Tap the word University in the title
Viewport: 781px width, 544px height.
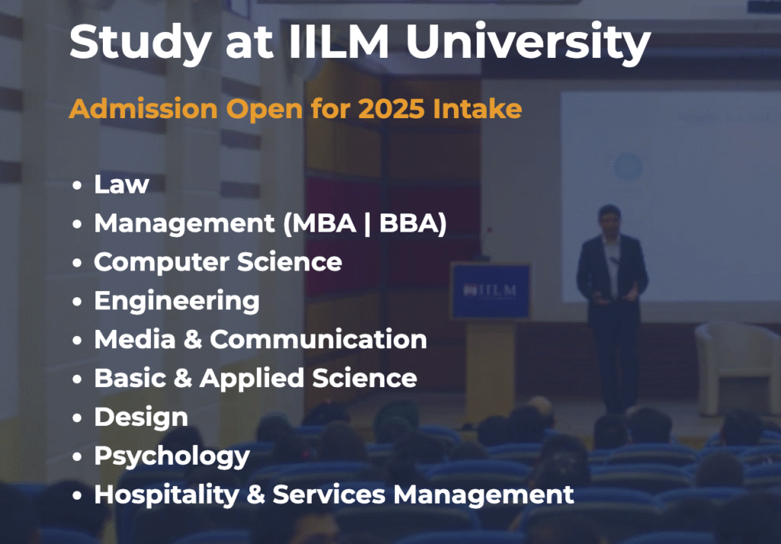(x=529, y=43)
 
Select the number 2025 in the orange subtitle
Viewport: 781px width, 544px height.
(x=391, y=108)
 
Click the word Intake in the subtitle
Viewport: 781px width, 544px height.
(x=477, y=108)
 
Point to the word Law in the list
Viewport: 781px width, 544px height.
(x=121, y=184)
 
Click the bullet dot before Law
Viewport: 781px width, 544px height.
(x=77, y=185)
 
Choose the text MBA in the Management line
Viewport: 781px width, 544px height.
(x=323, y=223)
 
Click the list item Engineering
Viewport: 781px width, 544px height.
(x=177, y=302)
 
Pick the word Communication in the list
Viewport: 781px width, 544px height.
(x=318, y=340)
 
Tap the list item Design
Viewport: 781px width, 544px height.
(x=141, y=417)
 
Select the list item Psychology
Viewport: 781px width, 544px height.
(x=172, y=457)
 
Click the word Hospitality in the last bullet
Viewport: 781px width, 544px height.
(x=167, y=494)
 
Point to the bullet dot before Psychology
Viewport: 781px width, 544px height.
(x=77, y=457)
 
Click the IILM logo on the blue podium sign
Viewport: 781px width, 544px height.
(x=490, y=290)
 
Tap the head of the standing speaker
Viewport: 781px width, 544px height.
(x=609, y=219)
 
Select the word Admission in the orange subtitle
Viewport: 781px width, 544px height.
(x=143, y=108)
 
